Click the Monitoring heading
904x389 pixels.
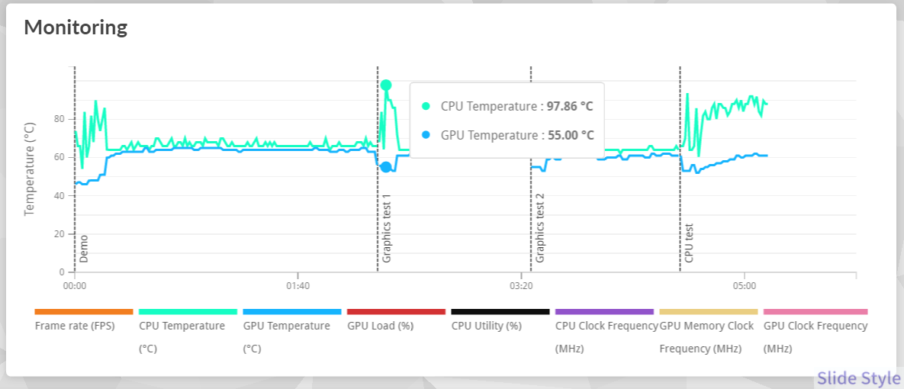(76, 27)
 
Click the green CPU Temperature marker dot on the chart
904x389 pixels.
(386, 85)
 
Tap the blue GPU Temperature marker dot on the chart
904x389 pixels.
(386, 167)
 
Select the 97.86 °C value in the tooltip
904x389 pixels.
(570, 107)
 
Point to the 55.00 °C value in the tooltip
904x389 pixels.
(571, 136)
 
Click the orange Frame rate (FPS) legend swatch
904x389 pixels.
(84, 311)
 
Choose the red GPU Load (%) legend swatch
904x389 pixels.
(396, 311)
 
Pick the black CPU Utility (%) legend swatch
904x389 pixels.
(500, 311)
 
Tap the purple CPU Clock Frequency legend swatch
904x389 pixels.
(604, 311)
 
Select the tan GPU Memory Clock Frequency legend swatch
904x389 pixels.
(708, 311)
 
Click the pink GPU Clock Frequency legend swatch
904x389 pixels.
(815, 311)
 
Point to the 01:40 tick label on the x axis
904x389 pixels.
(298, 287)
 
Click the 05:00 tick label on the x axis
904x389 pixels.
(744, 287)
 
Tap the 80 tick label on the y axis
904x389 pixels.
(59, 119)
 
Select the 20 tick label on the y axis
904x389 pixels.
(59, 234)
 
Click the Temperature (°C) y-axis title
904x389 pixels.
(30, 169)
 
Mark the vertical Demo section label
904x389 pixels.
(84, 249)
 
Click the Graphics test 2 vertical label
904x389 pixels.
(540, 228)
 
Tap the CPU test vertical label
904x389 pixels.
(690, 243)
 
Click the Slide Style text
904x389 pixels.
(858, 378)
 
